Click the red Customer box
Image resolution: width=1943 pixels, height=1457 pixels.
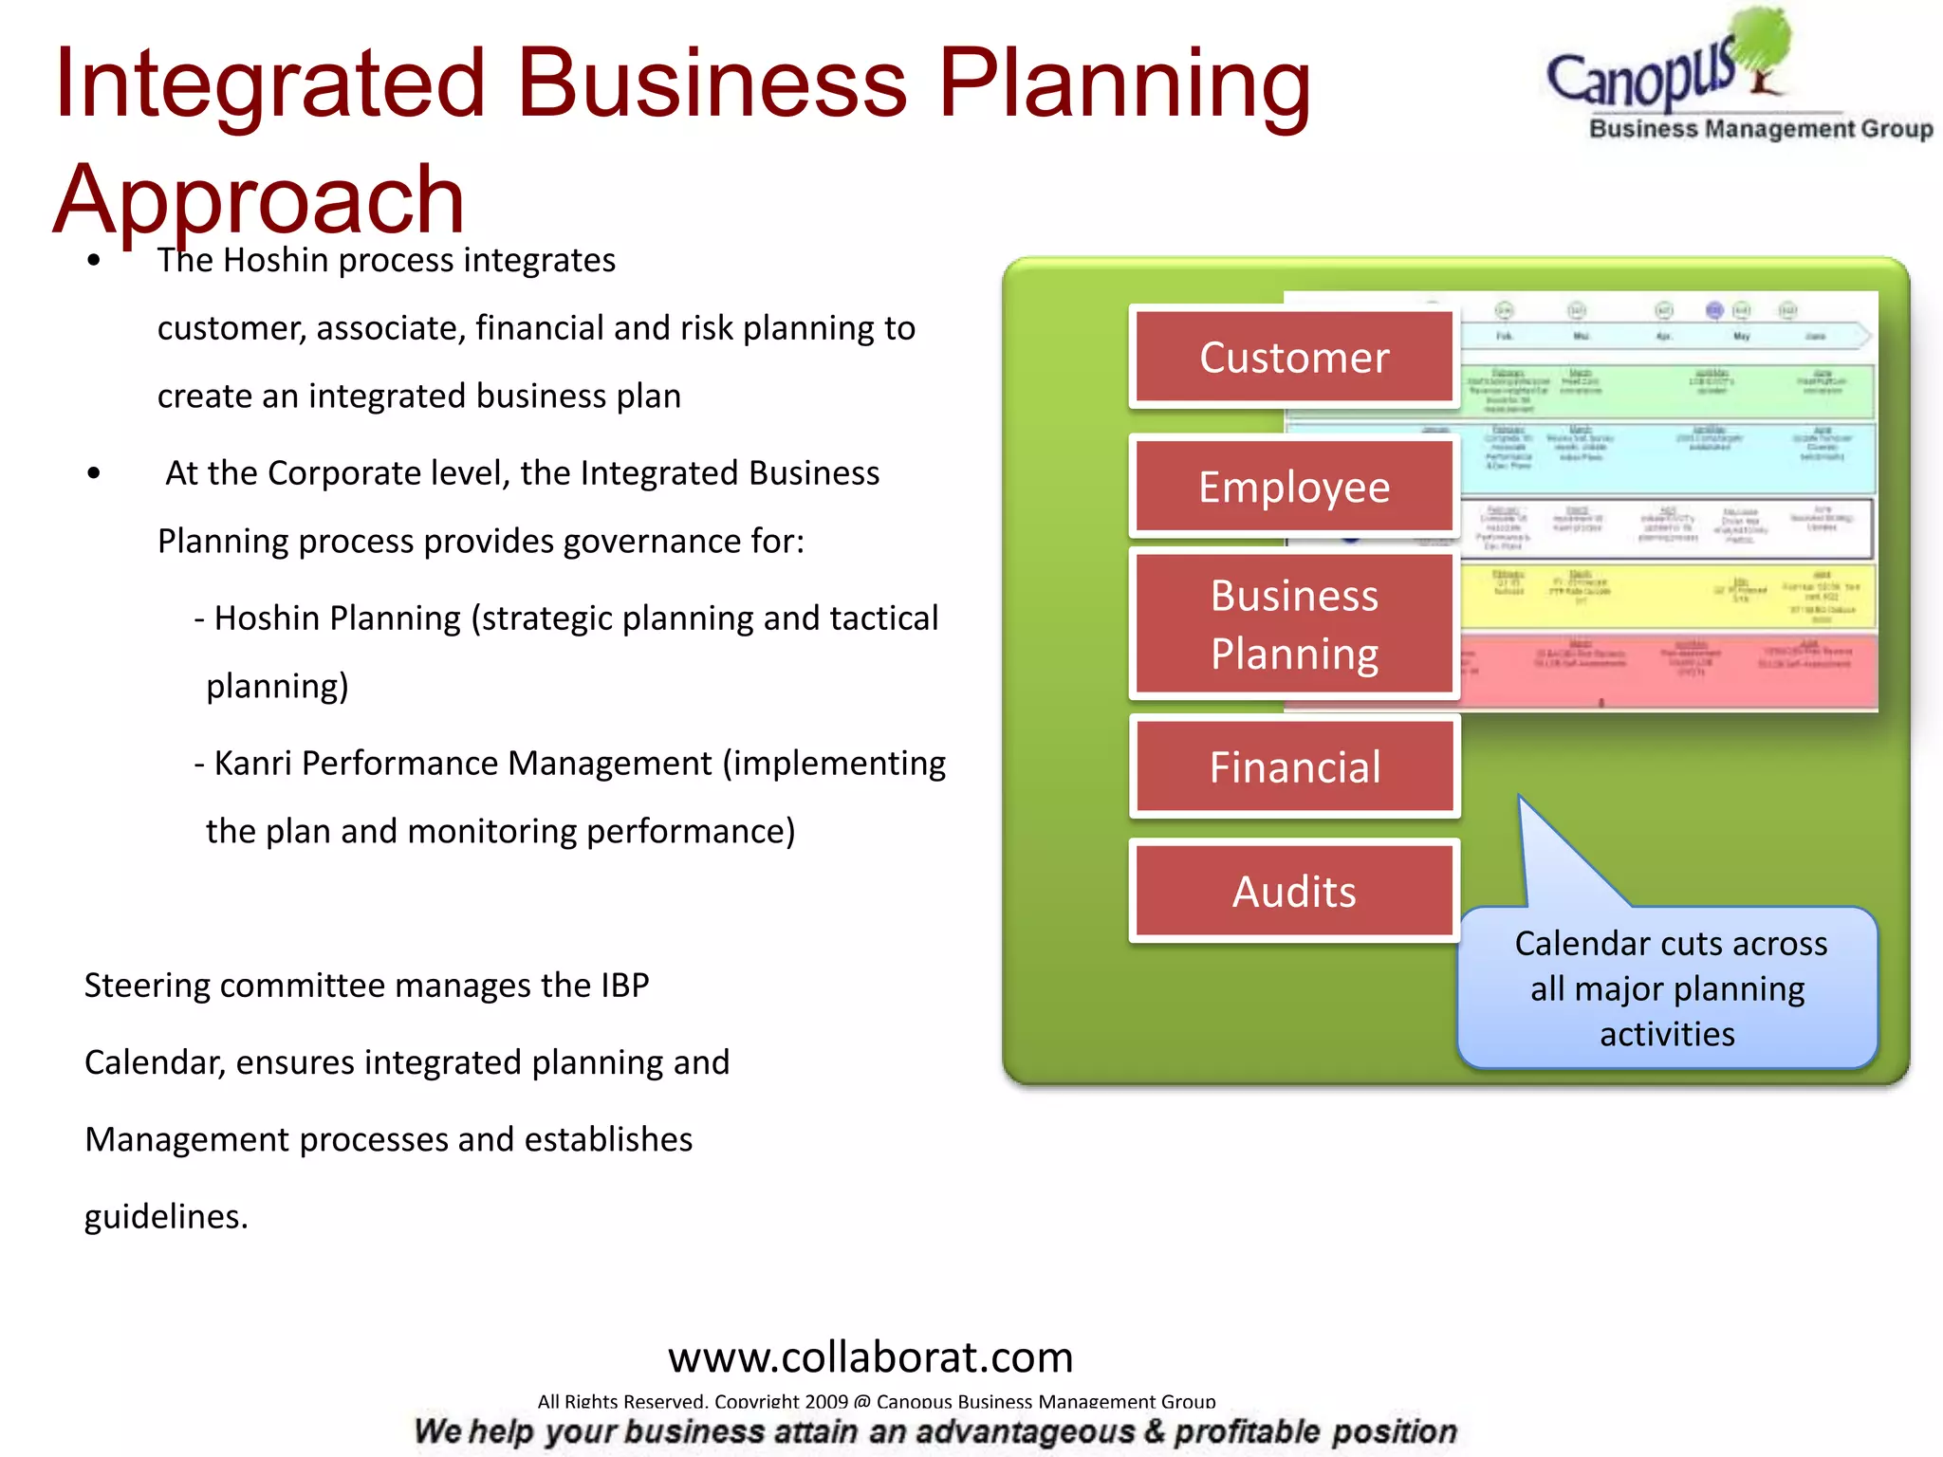pyautogui.click(x=1294, y=357)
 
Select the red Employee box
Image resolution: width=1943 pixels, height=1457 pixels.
pyautogui.click(x=1294, y=487)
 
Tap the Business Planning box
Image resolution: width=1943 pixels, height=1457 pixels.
pyautogui.click(x=1294, y=624)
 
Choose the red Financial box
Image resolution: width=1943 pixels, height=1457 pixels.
pyautogui.click(x=1294, y=766)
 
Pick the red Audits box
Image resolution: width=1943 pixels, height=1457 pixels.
pyautogui.click(x=1294, y=892)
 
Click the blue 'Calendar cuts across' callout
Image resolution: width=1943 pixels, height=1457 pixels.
pyautogui.click(x=1668, y=988)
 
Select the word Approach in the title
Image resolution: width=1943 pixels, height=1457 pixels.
pyautogui.click(x=258, y=199)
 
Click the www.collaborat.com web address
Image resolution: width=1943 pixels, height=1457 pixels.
pyautogui.click(x=870, y=1357)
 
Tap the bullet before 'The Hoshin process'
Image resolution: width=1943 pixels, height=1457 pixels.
pyautogui.click(x=93, y=261)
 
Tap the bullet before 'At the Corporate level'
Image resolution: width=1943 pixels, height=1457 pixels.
pyautogui.click(x=93, y=473)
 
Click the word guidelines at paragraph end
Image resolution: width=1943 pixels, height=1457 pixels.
pyautogui.click(x=165, y=1216)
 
